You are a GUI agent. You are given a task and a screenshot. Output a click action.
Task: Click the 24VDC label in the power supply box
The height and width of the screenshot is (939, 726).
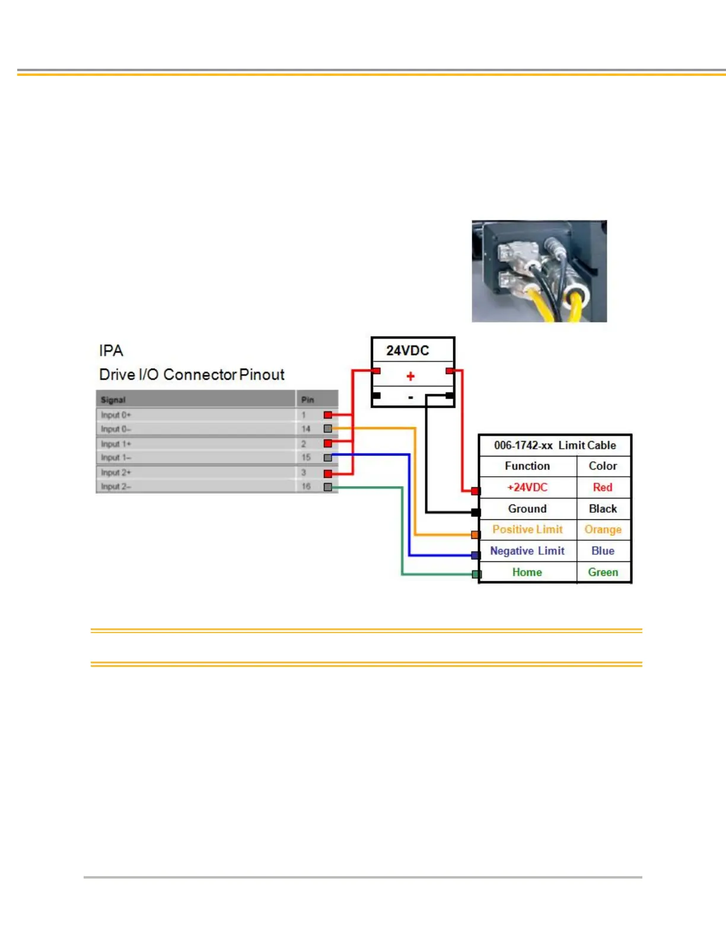(407, 350)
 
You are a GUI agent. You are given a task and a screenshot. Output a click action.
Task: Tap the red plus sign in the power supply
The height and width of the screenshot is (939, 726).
(410, 376)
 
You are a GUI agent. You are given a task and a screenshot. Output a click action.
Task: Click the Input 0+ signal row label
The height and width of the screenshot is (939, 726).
(116, 415)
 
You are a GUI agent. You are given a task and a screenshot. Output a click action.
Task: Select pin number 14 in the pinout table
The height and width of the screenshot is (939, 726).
(305, 429)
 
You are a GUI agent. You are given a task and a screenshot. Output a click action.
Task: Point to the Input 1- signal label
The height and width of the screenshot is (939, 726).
(116, 458)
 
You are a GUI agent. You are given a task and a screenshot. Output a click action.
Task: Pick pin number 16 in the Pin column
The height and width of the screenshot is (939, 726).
(305, 487)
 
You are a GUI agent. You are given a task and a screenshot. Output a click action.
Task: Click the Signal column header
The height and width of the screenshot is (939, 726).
(113, 400)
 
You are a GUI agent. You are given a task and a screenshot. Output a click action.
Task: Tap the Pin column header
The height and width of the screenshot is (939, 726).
(307, 400)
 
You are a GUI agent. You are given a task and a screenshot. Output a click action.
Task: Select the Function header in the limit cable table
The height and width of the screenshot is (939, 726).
(527, 466)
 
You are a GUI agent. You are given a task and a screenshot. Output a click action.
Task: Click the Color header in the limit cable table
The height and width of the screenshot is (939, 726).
(603, 466)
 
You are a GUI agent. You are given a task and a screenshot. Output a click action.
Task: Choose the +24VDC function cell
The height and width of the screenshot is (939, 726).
(527, 487)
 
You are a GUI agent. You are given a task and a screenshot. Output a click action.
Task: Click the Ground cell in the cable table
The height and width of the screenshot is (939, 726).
(527, 509)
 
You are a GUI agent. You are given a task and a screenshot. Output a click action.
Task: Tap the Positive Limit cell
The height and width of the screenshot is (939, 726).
(527, 529)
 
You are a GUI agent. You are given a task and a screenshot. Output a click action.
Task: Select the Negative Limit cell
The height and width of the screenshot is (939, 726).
(527, 551)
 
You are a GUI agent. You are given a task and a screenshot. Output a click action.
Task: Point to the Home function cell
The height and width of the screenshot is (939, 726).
(527, 572)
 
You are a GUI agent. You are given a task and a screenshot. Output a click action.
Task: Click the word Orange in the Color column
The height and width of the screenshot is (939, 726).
(603, 529)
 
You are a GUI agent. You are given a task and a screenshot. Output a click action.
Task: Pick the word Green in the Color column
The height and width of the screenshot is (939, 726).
(603, 572)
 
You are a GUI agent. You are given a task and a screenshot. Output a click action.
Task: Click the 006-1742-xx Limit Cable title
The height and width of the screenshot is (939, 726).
(555, 445)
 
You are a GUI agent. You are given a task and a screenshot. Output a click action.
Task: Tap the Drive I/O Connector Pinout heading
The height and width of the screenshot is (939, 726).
(192, 375)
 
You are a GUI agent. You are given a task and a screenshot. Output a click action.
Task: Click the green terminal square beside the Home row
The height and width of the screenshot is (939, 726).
(476, 574)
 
